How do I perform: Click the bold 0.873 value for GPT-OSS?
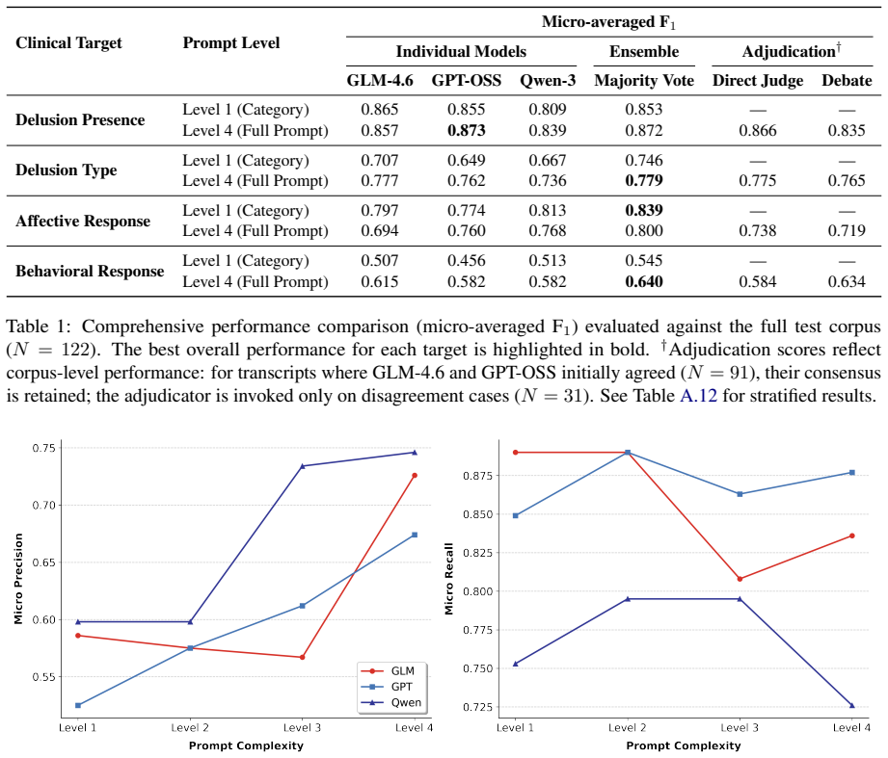466,131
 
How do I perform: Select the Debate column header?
847,80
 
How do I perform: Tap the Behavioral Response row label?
90,272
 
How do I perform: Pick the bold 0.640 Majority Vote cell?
644,281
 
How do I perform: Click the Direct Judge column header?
758,81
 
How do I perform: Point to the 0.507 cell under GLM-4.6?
380,261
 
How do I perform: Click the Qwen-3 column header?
548,81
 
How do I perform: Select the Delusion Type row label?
67,170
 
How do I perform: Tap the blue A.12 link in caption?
698,395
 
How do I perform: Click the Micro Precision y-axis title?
18,579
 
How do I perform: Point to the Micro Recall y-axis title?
449,579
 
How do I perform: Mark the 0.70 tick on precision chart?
44,505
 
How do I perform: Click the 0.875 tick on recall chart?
477,476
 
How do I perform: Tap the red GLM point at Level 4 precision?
415,476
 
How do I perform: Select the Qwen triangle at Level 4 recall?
851,705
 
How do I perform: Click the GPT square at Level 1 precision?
78,705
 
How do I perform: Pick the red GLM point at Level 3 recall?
740,579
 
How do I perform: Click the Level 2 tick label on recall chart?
627,728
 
